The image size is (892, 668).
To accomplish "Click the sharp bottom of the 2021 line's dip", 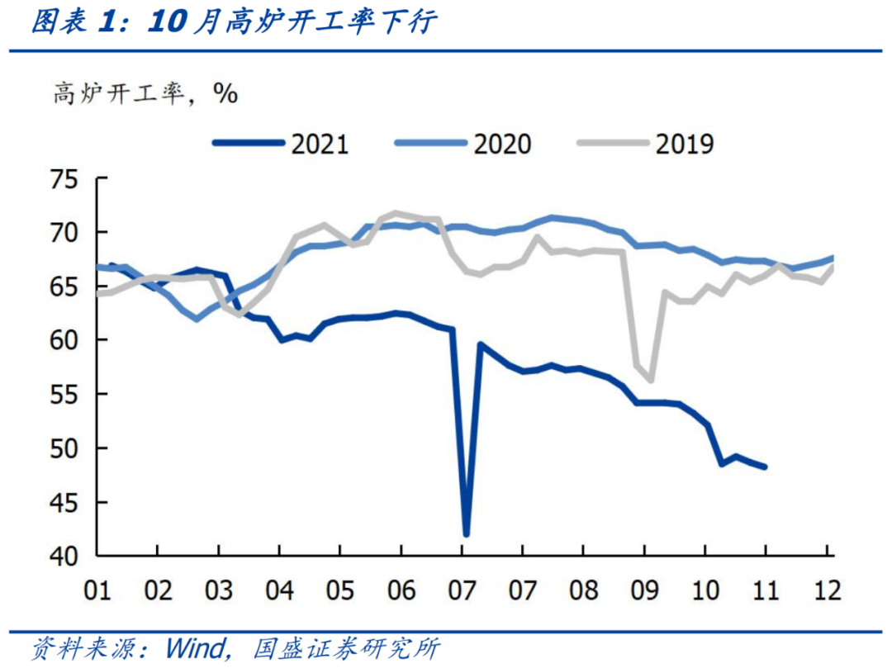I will [x=467, y=534].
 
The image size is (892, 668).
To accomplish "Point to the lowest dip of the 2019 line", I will [x=651, y=380].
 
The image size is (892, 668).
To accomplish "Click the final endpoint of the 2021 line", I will [x=765, y=467].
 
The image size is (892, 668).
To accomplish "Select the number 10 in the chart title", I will [x=168, y=22].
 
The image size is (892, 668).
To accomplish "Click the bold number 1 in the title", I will [x=107, y=22].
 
